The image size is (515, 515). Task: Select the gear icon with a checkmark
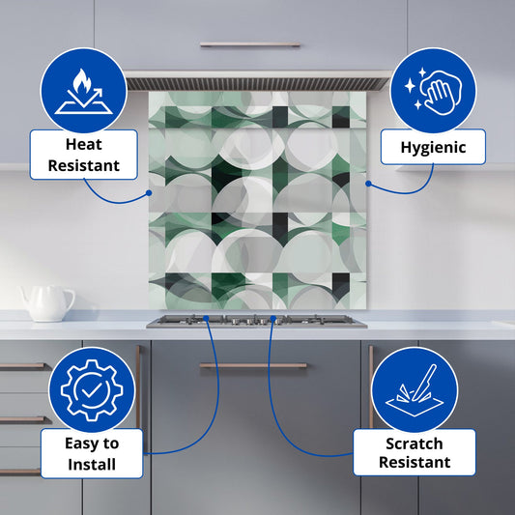pos(92,389)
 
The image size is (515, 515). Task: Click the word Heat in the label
pos(84,145)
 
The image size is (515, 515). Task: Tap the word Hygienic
pos(433,148)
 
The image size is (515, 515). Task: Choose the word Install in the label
pos(92,465)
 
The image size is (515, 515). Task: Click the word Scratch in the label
pos(415,443)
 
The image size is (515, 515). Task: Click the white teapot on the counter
pos(47,303)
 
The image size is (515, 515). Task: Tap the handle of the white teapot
pos(69,300)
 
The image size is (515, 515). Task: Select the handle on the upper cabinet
pos(250,44)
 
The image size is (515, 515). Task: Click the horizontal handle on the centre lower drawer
pos(253,365)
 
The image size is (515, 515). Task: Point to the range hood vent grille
pos(257,84)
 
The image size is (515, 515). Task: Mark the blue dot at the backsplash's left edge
pos(149,193)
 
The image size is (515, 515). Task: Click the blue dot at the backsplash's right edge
pos(368,184)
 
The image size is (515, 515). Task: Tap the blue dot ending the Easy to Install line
pos(206,318)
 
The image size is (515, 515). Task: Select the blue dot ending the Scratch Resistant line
pos(272,318)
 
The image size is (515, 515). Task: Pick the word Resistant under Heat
pos(84,165)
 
